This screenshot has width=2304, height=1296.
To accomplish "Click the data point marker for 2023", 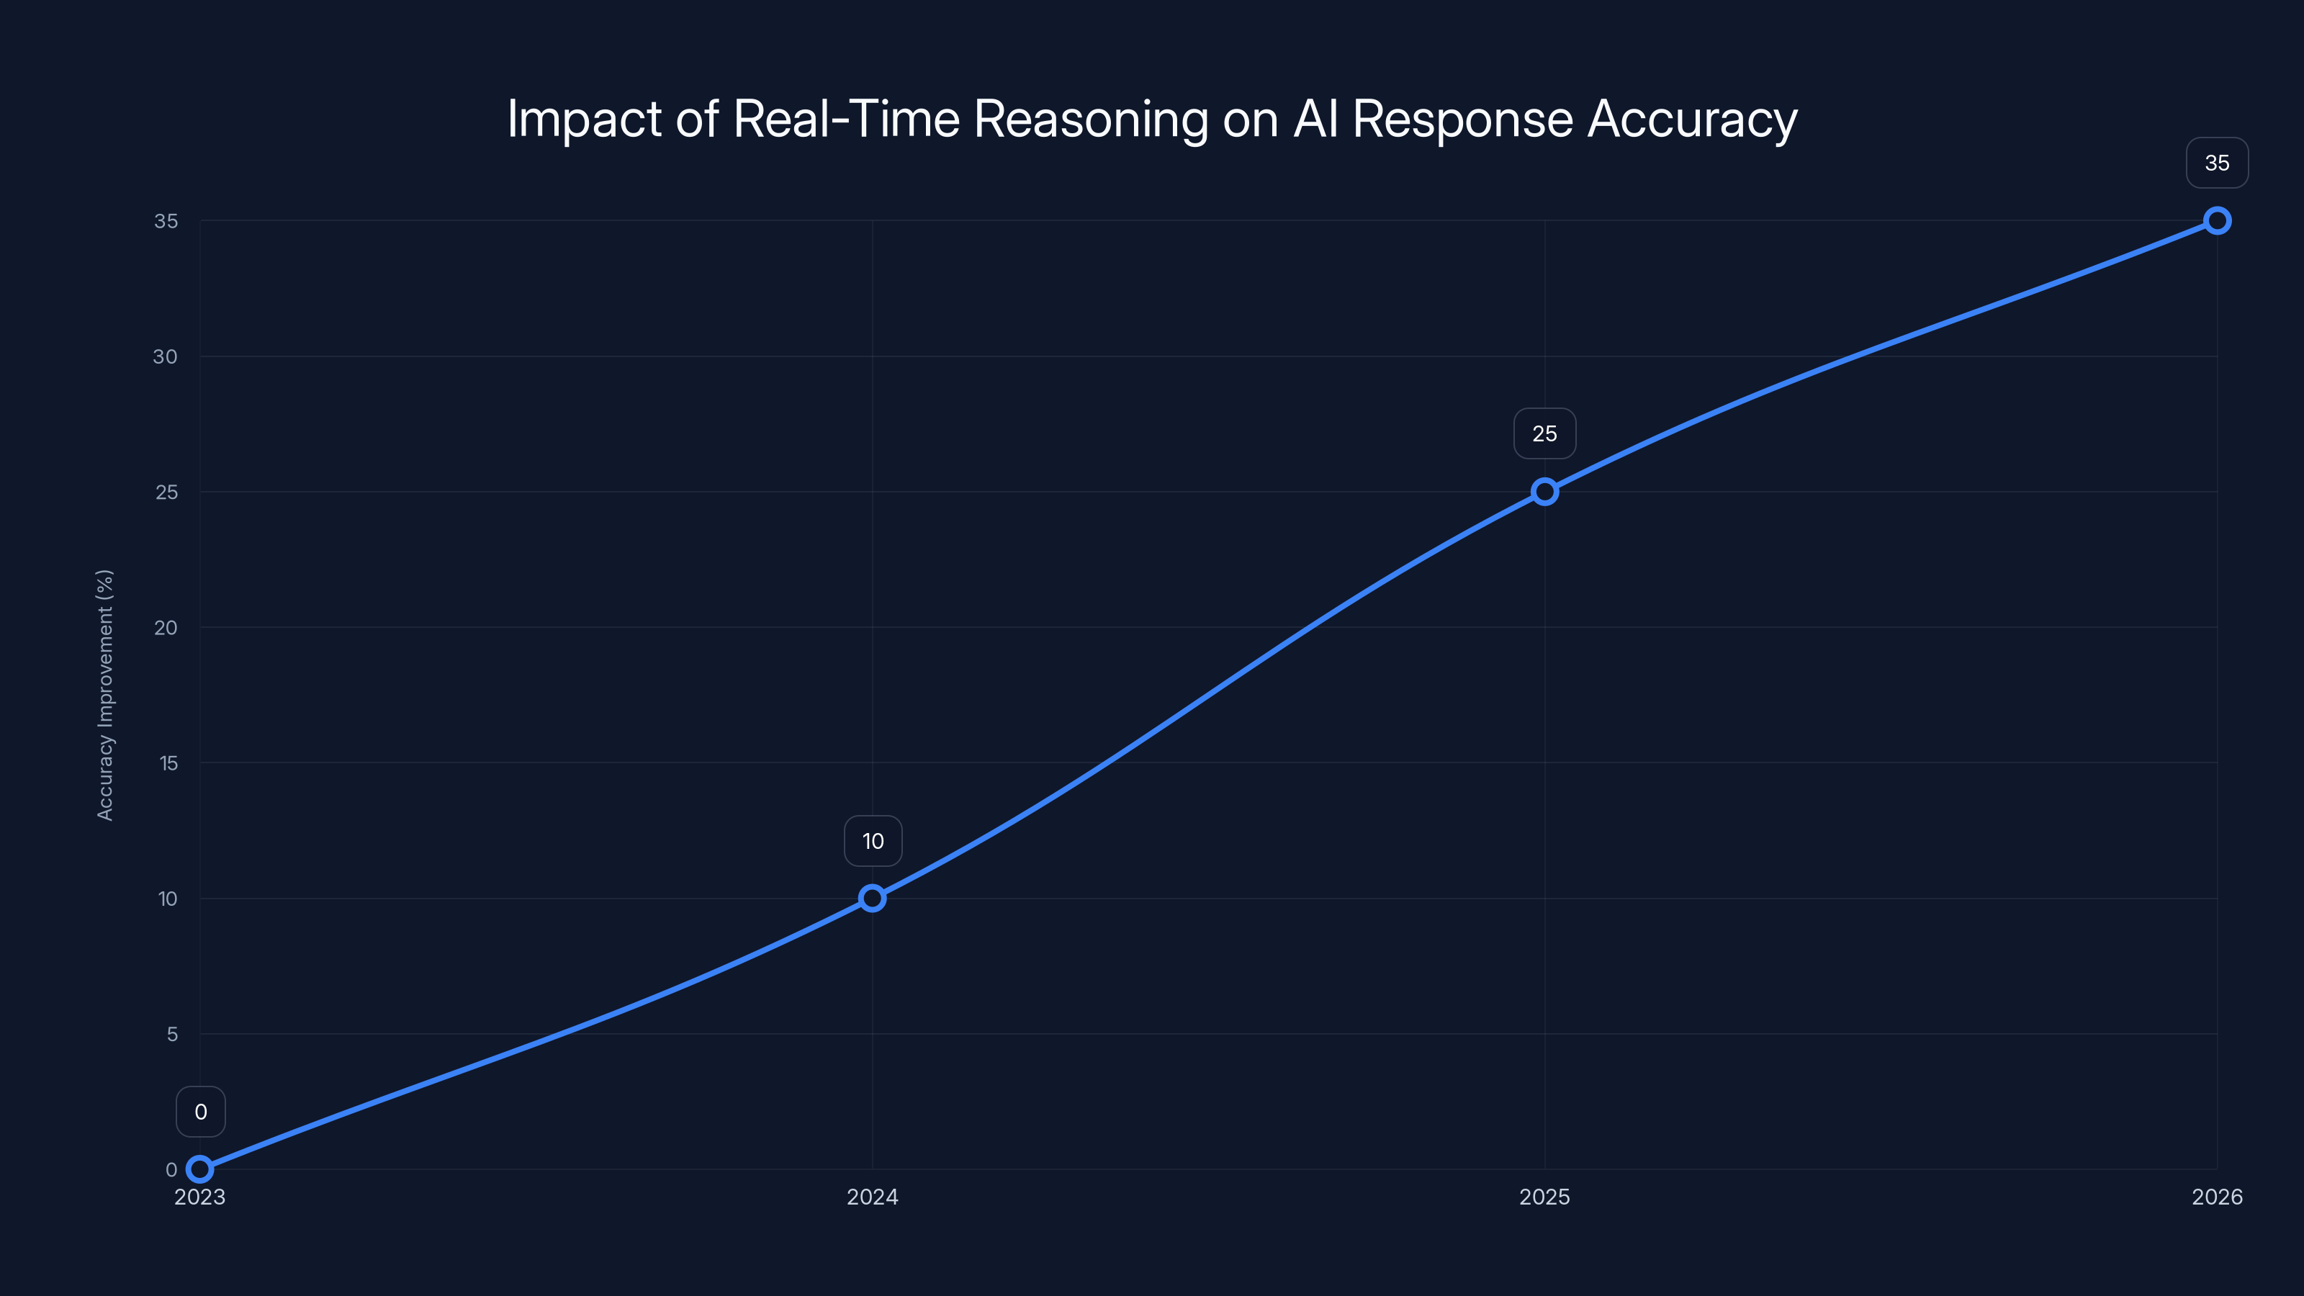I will point(199,1169).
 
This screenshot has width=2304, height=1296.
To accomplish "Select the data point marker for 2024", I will point(872,898).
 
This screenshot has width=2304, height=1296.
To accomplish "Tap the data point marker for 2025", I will point(1544,492).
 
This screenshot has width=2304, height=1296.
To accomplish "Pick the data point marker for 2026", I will point(2218,221).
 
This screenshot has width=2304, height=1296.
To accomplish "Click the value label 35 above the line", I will point(2218,163).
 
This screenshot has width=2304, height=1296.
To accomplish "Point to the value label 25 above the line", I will point(1544,433).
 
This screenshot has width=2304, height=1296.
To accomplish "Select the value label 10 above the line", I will point(873,841).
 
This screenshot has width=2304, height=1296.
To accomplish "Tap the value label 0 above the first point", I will point(200,1112).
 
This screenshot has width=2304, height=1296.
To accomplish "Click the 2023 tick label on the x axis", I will point(199,1197).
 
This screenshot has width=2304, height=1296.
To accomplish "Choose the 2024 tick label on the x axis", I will point(872,1197).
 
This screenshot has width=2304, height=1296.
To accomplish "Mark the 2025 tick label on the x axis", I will point(1544,1197).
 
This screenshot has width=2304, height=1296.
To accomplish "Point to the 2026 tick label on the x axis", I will point(2218,1197).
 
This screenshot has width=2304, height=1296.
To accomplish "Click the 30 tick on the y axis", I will point(166,357).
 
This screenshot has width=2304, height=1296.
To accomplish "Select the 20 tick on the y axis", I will point(166,628).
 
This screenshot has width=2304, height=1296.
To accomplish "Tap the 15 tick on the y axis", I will point(168,763).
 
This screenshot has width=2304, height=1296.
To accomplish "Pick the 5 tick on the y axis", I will point(172,1034).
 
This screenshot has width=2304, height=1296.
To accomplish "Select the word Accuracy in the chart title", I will point(1692,119).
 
